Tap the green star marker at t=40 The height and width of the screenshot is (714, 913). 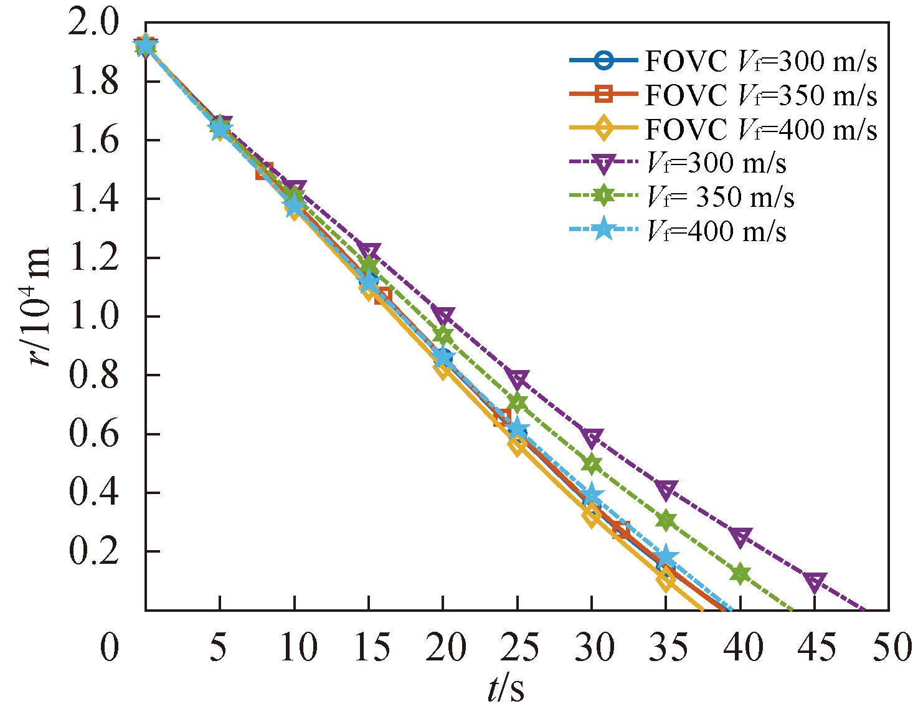[x=740, y=574]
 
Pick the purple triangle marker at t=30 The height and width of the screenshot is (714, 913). [x=592, y=437]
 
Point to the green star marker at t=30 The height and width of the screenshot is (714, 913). [x=592, y=464]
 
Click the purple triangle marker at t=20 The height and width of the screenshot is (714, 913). [x=443, y=315]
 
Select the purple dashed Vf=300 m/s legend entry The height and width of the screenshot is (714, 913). [x=679, y=163]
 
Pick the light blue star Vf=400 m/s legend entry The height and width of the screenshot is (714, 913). [x=679, y=232]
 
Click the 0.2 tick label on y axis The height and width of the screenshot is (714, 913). [x=93, y=552]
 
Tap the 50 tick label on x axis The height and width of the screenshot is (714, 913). [x=892, y=648]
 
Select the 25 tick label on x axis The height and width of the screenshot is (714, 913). [x=518, y=648]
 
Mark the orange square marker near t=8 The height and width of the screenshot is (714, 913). [x=264, y=171]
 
